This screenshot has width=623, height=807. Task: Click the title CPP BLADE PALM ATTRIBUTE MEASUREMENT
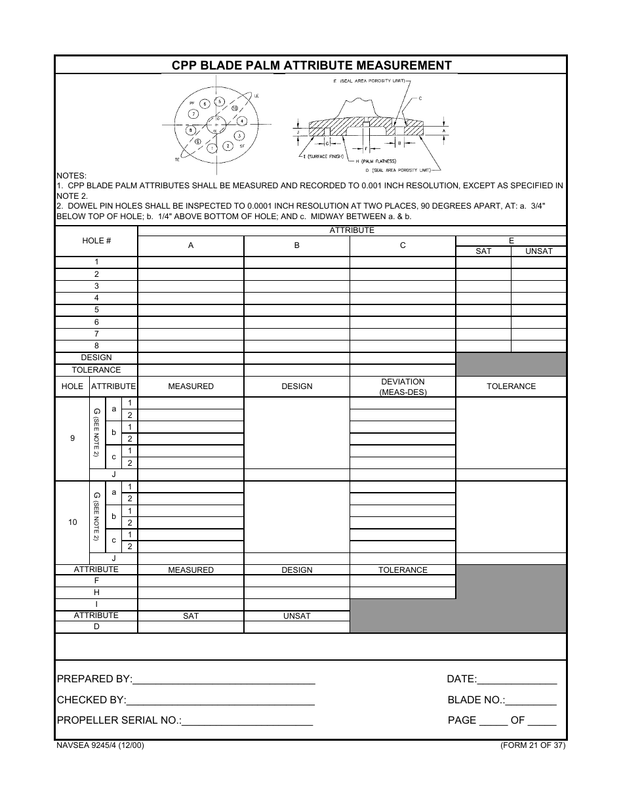pos(311,65)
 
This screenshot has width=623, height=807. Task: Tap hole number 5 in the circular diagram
pos(220,102)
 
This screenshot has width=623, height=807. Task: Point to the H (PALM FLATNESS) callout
pos(378,161)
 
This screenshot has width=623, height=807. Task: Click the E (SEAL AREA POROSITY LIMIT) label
pos(367,80)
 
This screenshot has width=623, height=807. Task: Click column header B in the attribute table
pos(296,245)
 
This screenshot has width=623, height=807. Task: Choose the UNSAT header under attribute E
pos(538,251)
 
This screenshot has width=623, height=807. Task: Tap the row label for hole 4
pos(96,298)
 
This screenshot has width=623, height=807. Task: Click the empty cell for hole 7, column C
pos(403,334)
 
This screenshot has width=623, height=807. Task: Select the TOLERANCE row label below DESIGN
pos(96,370)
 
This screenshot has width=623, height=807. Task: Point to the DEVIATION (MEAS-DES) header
pos(403,386)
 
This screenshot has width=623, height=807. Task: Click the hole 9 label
pos(72,438)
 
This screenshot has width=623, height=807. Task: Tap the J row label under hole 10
pos(113,558)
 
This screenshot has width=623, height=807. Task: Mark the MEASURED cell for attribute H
pos(190,592)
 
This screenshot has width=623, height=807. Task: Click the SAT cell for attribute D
pos(190,627)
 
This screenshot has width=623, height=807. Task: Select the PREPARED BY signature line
pos(224,680)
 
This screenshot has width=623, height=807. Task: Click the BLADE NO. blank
pos(531,700)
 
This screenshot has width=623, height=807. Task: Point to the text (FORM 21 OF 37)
pos(532,745)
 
